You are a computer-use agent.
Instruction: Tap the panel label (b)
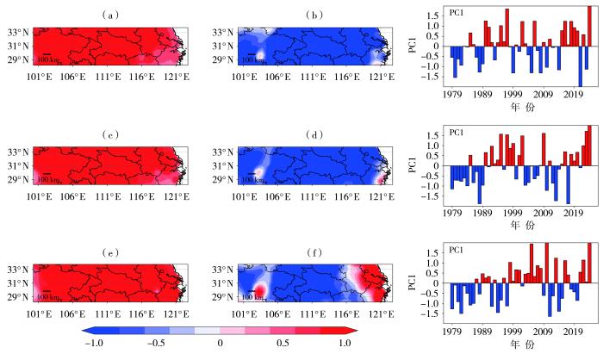pyautogui.click(x=289, y=15)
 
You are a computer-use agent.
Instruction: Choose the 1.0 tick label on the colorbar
pyautogui.click(x=345, y=343)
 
